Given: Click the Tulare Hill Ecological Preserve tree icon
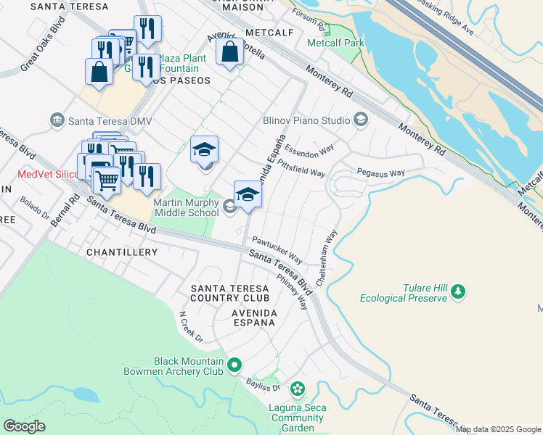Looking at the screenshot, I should click(x=457, y=291).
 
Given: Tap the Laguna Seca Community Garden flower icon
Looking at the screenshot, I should click(x=298, y=390).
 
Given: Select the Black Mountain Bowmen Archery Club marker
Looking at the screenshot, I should click(x=234, y=365).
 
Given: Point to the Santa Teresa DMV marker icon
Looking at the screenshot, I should click(x=57, y=120).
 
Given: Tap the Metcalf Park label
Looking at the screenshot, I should click(x=335, y=43).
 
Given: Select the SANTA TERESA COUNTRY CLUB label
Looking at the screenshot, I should click(x=230, y=293).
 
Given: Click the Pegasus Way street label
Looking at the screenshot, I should click(x=380, y=173).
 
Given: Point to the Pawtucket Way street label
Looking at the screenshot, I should click(x=277, y=249).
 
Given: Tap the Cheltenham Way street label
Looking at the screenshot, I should click(x=327, y=258).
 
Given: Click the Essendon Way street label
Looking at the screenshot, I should click(x=309, y=152).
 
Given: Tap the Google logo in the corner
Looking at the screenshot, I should click(x=24, y=426).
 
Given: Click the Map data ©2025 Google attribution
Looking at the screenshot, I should click(x=498, y=429).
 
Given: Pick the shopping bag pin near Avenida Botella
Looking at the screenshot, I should click(x=229, y=52).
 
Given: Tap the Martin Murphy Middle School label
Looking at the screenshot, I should click(x=186, y=207).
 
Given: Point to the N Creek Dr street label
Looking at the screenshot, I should click(x=192, y=327).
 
